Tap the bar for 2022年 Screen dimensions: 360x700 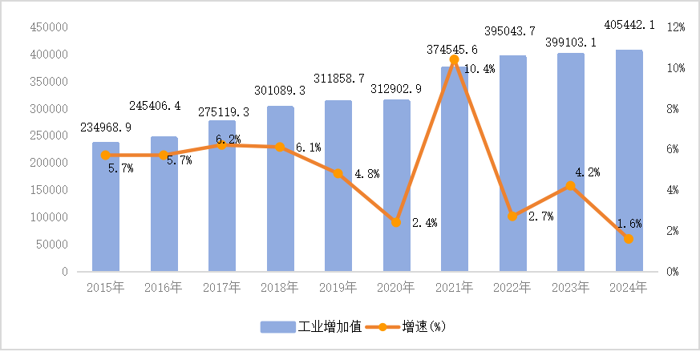[x=512, y=164]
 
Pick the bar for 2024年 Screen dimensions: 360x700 [x=629, y=160]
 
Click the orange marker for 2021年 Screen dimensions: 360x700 [x=454, y=59]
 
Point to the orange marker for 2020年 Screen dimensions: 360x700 [x=396, y=222]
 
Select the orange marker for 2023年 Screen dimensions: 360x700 [x=570, y=186]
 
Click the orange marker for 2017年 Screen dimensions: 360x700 [x=222, y=145]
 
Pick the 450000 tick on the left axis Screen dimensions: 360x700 [x=48, y=27]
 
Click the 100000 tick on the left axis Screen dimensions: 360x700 [x=48, y=217]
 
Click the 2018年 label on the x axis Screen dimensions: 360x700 [x=280, y=287]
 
